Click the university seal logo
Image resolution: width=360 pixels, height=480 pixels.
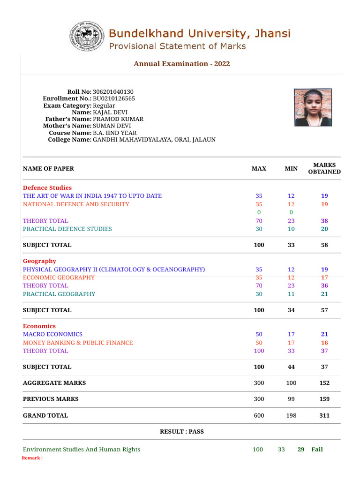[87, 37]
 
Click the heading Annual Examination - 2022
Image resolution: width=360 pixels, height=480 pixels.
[182, 64]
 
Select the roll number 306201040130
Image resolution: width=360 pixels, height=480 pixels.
[116, 92]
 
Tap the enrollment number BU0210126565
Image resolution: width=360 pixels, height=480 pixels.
[114, 99]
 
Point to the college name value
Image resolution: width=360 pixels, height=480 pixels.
[154, 140]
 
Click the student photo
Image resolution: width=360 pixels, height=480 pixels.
[313, 107]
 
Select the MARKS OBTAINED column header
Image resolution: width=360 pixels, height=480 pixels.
[324, 168]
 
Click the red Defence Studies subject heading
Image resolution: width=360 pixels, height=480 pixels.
[47, 188]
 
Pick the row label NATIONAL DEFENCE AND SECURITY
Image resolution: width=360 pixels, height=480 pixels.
[76, 204]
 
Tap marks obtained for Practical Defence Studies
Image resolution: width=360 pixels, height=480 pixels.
[324, 229]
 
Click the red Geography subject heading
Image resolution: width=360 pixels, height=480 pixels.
[39, 261]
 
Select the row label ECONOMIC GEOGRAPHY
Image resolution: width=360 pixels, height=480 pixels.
[59, 277]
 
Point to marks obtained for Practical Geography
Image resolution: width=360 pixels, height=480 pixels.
[324, 294]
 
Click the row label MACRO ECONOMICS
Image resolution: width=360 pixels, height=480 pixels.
[52, 335]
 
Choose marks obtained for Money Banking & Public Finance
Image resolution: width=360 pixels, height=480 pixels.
[324, 343]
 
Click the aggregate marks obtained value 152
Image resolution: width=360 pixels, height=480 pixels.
[324, 383]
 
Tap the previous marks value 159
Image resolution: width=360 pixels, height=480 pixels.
[324, 399]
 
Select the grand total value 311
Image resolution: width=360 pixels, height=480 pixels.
[324, 416]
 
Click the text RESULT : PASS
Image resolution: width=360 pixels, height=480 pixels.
[182, 432]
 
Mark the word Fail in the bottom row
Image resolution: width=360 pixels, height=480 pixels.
[317, 450]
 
